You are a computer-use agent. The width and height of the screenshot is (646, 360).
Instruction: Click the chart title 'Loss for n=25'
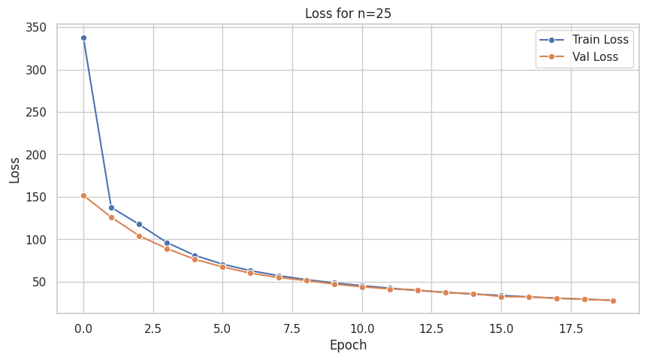[348, 13]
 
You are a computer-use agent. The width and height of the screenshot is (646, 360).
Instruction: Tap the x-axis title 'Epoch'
[348, 345]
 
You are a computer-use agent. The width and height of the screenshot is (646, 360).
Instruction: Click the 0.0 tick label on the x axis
[83, 328]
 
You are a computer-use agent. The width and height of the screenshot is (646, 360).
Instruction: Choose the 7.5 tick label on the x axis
[292, 328]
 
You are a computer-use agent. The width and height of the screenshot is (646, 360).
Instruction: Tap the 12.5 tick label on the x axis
[431, 328]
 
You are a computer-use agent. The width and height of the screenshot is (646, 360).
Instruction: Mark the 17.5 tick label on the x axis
[570, 328]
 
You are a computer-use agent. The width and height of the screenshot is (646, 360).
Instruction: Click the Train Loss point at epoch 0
[83, 38]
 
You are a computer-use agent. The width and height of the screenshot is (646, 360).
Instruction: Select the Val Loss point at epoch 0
[83, 195]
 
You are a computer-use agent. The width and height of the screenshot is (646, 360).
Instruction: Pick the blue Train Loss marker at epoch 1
[111, 207]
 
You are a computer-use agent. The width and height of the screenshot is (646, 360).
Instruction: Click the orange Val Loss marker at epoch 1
[111, 217]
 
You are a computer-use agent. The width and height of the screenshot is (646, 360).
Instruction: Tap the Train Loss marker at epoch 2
[139, 224]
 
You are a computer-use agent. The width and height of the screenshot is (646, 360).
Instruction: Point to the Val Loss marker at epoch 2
[139, 236]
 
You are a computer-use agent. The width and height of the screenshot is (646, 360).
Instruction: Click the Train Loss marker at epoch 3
[167, 243]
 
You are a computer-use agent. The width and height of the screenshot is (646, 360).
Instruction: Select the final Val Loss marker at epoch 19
[613, 301]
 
